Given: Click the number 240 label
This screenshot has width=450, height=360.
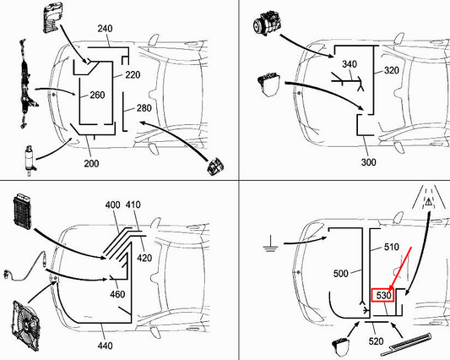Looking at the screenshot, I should [104, 30].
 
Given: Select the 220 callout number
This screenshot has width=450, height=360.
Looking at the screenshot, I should [133, 74].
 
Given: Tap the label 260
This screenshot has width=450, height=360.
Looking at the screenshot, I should [97, 95].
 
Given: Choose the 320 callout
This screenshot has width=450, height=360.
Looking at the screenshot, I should [391, 71].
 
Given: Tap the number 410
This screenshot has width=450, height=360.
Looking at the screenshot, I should [133, 205].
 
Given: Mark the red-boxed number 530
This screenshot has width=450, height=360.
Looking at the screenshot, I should [383, 296].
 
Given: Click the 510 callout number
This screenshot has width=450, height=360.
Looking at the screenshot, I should [391, 248].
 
